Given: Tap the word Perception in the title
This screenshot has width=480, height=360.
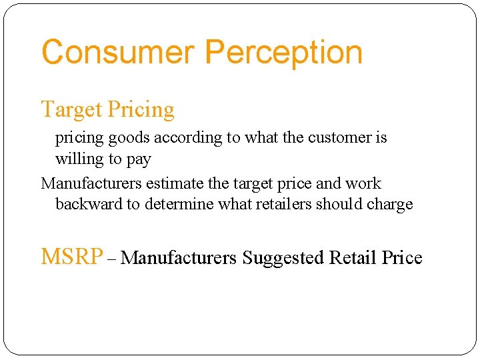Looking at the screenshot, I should click(x=284, y=53).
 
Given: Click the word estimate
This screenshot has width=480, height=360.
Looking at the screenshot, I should click(x=171, y=183).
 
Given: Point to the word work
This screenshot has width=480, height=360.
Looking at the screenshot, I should click(x=363, y=183).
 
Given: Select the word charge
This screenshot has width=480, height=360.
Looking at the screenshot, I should click(x=393, y=205).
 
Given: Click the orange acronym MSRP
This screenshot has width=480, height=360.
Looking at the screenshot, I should click(x=72, y=257).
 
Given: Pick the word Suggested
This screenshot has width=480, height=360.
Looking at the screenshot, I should click(x=283, y=257).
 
